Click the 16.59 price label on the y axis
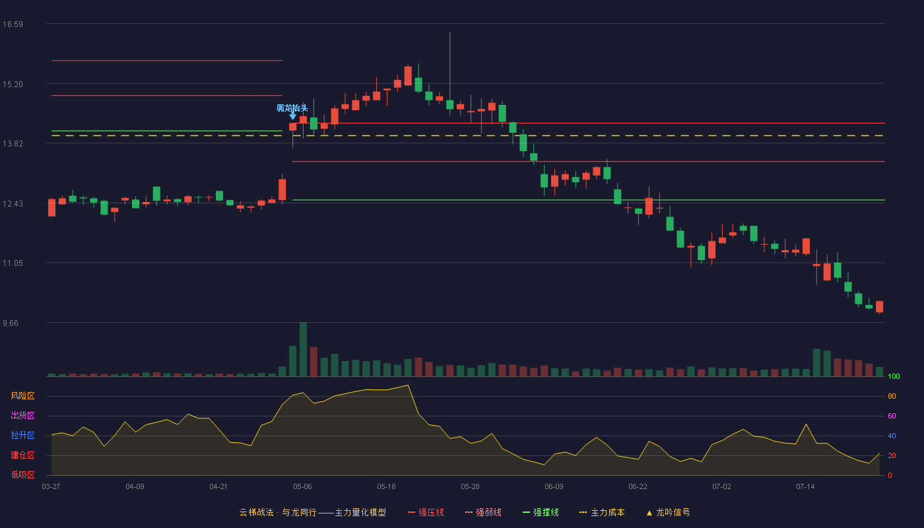click(13, 24)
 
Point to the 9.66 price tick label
click(11, 323)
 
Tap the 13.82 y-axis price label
click(13, 144)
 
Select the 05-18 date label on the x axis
click(386, 487)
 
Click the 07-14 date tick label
click(805, 487)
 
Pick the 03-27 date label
click(51, 487)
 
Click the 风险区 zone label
click(22, 395)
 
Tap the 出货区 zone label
click(22, 415)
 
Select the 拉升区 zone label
click(22, 435)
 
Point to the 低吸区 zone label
click(22, 475)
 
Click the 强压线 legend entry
click(426, 512)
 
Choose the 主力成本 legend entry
click(602, 512)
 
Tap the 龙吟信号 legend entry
click(668, 512)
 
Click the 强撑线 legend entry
click(541, 512)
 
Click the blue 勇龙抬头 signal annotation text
click(292, 108)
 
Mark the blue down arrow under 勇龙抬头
click(293, 115)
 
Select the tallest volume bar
click(303, 349)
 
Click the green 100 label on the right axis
click(894, 376)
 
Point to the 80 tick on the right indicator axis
click(892, 396)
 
